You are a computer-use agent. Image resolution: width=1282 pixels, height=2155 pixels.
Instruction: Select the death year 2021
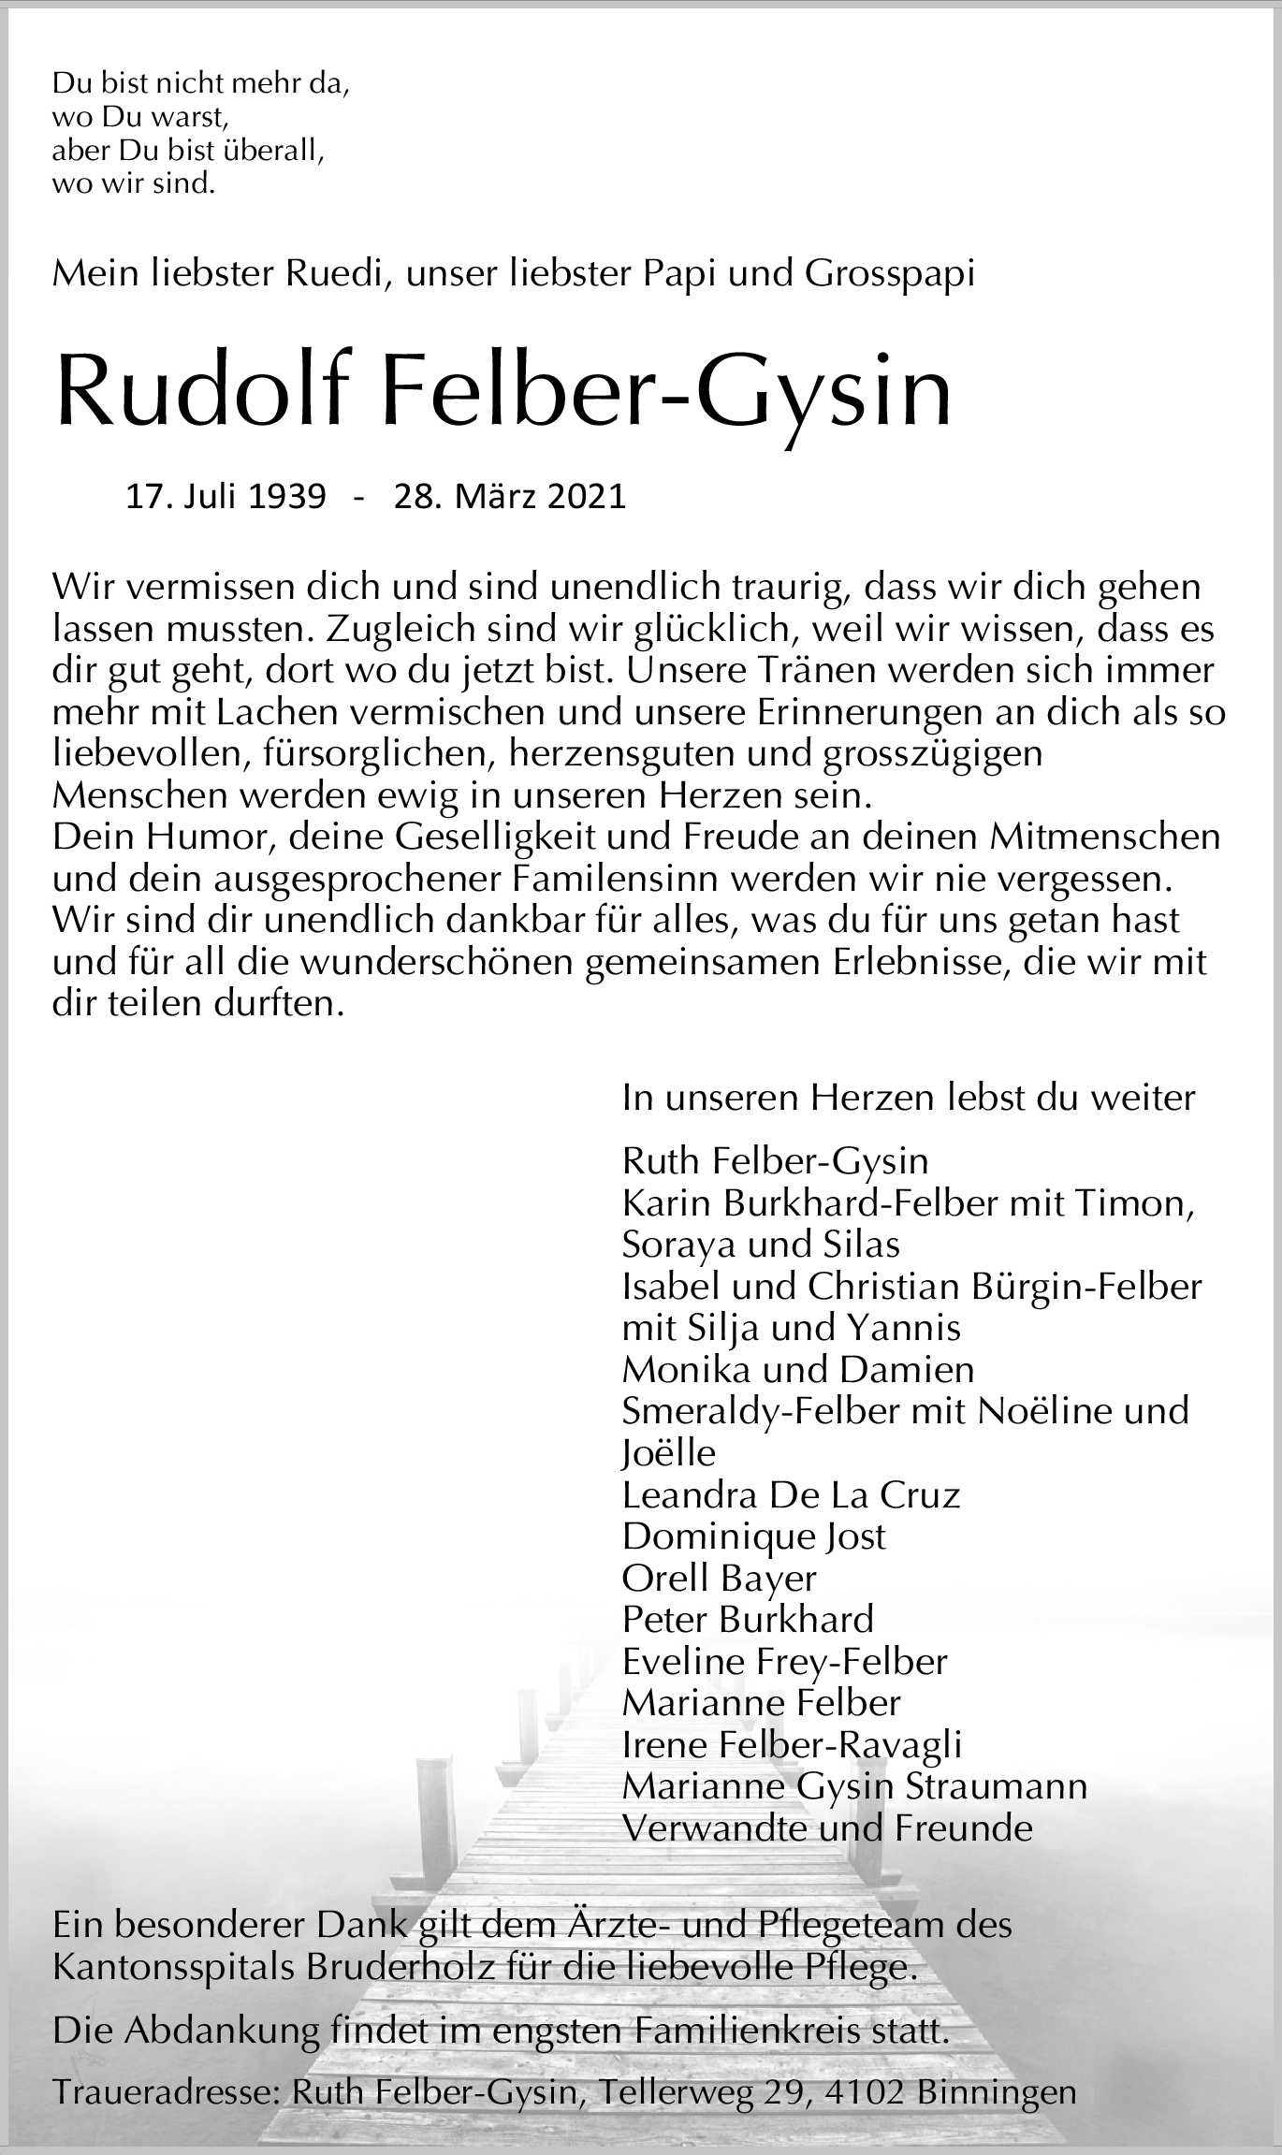(x=587, y=497)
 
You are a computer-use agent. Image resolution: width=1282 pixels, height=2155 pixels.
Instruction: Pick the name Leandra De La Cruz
(x=791, y=1494)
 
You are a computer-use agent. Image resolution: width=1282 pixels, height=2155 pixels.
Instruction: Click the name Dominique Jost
(x=753, y=1536)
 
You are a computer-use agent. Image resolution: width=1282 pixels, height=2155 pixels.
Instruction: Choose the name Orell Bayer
(x=719, y=1578)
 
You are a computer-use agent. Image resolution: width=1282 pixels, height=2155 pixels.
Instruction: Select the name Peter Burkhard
(x=748, y=1619)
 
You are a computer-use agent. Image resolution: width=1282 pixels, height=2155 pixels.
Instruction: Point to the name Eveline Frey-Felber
(x=784, y=1661)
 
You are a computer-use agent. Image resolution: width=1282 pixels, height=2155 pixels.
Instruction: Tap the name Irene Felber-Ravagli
(x=792, y=1744)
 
